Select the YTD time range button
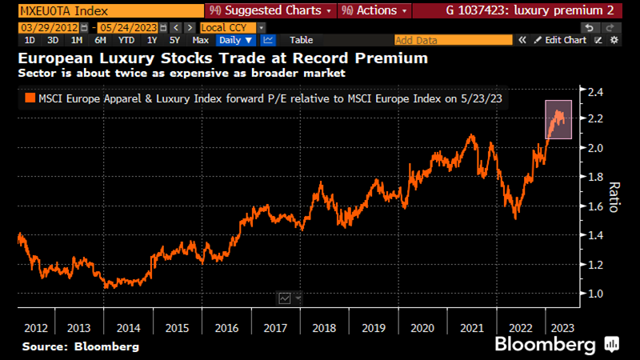point(126,39)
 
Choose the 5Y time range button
point(174,39)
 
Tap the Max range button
point(201,39)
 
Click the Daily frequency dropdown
point(237,39)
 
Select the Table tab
point(302,39)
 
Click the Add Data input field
point(453,39)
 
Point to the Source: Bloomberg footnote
point(80,346)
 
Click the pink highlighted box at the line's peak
point(558,119)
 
